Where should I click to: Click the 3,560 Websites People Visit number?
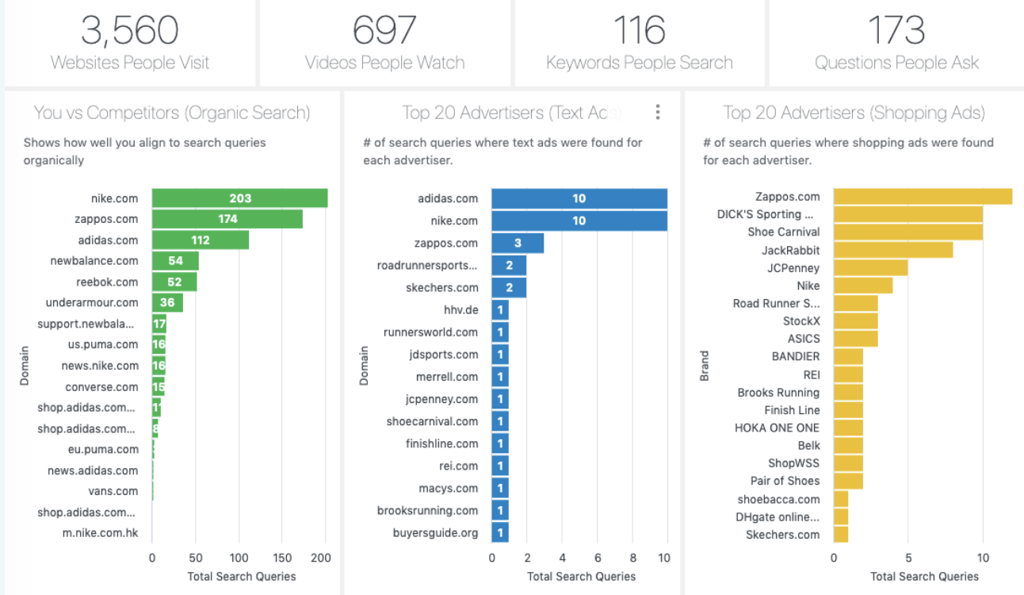[x=129, y=30]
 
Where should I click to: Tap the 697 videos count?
[x=384, y=30]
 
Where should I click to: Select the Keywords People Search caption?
[x=639, y=63]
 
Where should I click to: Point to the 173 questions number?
[x=896, y=30]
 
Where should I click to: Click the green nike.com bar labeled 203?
[x=239, y=198]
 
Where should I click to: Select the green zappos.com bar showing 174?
[x=227, y=219]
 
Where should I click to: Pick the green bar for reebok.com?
[x=174, y=282]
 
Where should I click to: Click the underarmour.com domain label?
[x=92, y=302]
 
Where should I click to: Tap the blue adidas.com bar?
[x=579, y=198]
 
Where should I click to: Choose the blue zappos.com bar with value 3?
[x=518, y=243]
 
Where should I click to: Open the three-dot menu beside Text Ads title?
[x=657, y=113]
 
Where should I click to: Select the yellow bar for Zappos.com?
[x=923, y=197]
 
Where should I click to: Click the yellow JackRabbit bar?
[x=892, y=250]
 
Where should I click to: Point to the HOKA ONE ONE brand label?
[x=777, y=428]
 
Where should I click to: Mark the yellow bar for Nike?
[x=862, y=286]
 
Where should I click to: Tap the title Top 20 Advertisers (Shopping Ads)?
[x=854, y=113]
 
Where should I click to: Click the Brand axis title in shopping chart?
[x=704, y=366]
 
